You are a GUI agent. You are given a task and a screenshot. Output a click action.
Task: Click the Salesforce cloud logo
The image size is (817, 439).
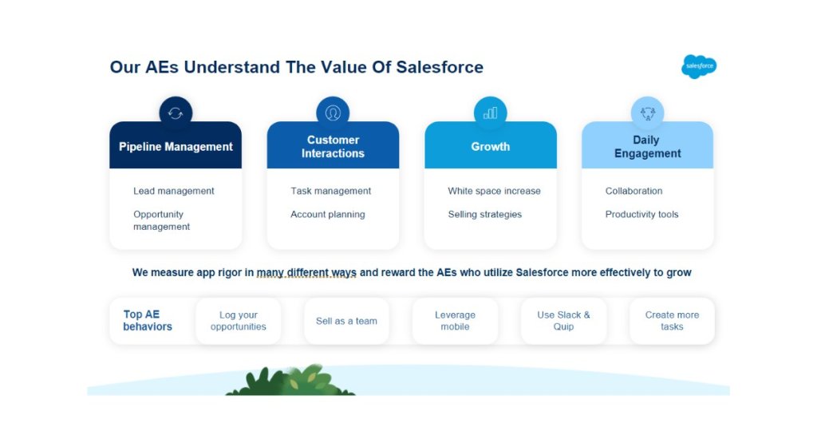pos(699,66)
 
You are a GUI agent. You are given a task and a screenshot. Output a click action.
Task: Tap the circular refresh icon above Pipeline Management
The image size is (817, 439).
pos(176,113)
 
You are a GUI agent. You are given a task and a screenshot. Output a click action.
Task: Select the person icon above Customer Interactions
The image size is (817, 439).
pos(333,113)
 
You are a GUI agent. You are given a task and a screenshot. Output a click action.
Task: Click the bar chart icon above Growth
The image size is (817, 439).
pos(491,113)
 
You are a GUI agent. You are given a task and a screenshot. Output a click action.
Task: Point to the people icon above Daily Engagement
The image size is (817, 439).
pos(648,113)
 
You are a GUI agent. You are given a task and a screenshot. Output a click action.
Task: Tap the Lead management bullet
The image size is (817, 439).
pos(173,191)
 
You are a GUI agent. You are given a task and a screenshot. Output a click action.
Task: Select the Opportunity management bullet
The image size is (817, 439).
pos(161,220)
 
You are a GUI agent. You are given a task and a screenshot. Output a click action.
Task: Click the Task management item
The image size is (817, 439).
pos(331,191)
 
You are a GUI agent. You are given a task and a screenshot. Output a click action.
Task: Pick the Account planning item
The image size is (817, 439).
pos(328,214)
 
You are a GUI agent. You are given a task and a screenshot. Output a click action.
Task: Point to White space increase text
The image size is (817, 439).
pos(494,191)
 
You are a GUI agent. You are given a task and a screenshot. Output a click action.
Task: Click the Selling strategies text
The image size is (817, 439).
pos(484,214)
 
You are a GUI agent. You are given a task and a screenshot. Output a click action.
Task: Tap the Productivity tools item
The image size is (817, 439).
pos(642,214)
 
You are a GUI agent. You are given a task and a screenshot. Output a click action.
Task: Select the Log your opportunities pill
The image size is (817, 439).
pos(238,321)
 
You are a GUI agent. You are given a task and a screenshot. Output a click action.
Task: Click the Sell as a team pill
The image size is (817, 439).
pos(346,321)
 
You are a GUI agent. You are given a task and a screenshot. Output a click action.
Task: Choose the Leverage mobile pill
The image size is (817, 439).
pos(455,321)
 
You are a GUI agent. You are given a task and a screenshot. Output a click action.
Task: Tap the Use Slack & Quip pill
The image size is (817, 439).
pos(563,321)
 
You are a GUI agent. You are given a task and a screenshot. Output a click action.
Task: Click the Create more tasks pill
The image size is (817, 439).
pos(672,321)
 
